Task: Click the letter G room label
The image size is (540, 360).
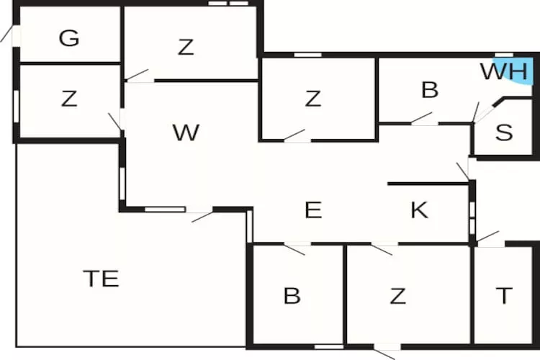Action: pos(69,38)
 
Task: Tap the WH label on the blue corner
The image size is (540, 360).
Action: pos(504,72)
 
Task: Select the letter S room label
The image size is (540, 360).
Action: pos(504,132)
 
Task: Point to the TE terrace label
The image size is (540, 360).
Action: pos(101,279)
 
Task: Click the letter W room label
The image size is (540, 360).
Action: pos(186,132)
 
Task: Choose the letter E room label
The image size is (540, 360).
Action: pos(313,210)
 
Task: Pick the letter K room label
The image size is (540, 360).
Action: pos(420,210)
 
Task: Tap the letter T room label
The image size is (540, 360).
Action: pos(504,296)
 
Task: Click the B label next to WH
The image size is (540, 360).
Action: pos(430,89)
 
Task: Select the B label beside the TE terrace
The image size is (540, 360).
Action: pos(292,296)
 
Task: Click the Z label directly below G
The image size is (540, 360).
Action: pos(69,99)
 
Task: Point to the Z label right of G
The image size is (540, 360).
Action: pos(186,48)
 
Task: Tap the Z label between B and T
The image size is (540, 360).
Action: pos(397,296)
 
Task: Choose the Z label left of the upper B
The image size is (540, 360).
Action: pos(313,99)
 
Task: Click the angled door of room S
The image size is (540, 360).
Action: pos(485,113)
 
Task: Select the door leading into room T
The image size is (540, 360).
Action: pos(487,238)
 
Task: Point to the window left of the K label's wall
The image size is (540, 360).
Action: pos(472,217)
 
